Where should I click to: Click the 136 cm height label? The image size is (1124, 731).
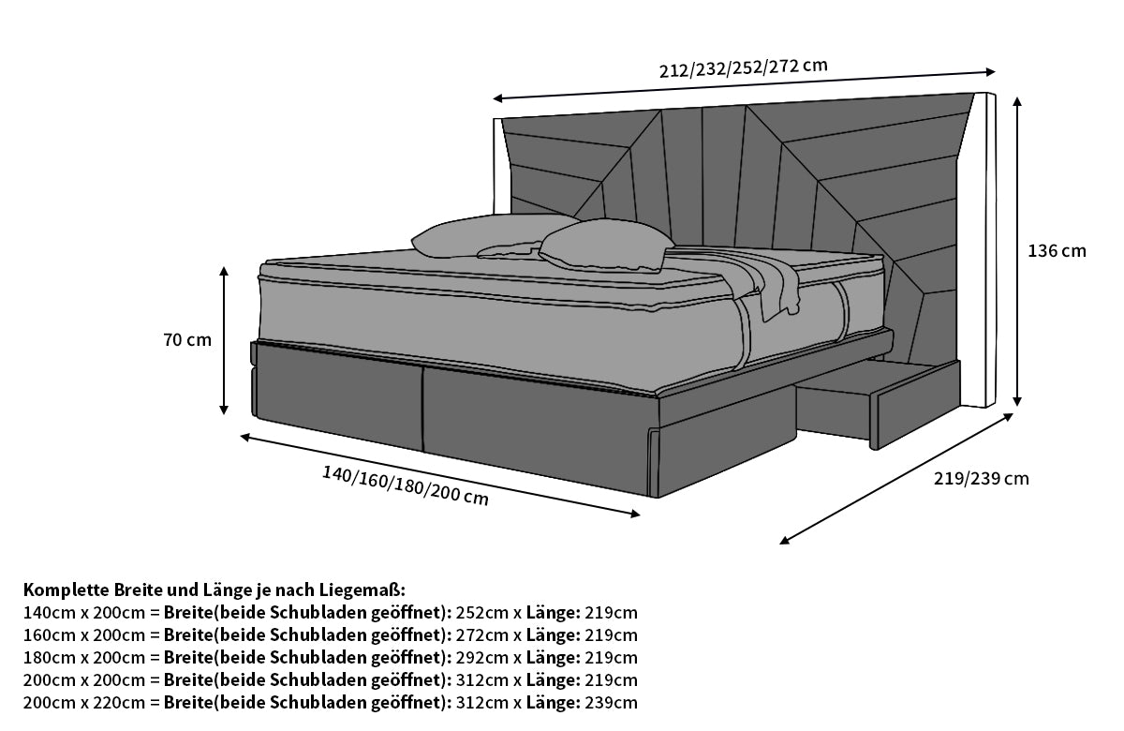click(x=1057, y=251)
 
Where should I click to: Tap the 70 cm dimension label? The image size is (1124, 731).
click(x=187, y=340)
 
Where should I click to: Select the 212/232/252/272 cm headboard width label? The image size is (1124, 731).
click(x=745, y=67)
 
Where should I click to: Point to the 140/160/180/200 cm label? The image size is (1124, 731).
click(x=405, y=485)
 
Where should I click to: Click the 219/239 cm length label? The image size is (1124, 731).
click(x=981, y=479)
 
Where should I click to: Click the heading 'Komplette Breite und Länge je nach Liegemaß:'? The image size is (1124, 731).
click(x=214, y=590)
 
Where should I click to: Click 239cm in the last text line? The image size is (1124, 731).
click(x=612, y=703)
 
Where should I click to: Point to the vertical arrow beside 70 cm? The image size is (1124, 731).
click(x=224, y=340)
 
